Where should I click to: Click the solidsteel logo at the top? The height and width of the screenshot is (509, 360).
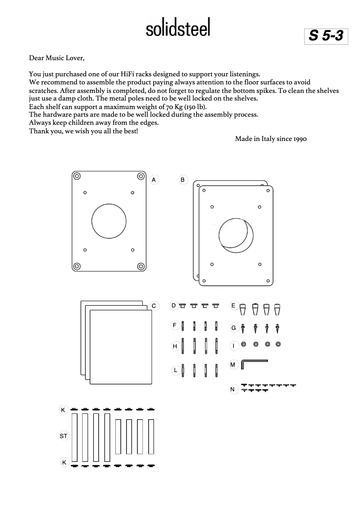coord(178,28)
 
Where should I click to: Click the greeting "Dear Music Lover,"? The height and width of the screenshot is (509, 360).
coord(57,58)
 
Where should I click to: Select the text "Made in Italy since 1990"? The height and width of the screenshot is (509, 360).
coord(271,139)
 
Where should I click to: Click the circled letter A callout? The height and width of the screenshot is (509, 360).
coord(154,180)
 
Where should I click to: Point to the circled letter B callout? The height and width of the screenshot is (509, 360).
coord(183,180)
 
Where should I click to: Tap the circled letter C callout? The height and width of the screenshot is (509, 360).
coord(154,306)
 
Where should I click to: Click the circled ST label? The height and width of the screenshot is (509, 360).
coord(64,436)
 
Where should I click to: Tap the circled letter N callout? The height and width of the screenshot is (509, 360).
coord(233,389)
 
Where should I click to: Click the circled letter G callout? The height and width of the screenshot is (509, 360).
coord(233,328)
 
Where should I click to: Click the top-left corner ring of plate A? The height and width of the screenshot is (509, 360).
coord(77,176)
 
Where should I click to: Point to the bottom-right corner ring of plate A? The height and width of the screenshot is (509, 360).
coord(140,266)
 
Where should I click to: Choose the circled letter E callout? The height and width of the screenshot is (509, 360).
coord(233,305)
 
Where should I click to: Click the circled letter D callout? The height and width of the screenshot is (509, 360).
coord(173,305)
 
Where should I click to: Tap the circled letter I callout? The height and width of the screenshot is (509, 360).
coord(233,346)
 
